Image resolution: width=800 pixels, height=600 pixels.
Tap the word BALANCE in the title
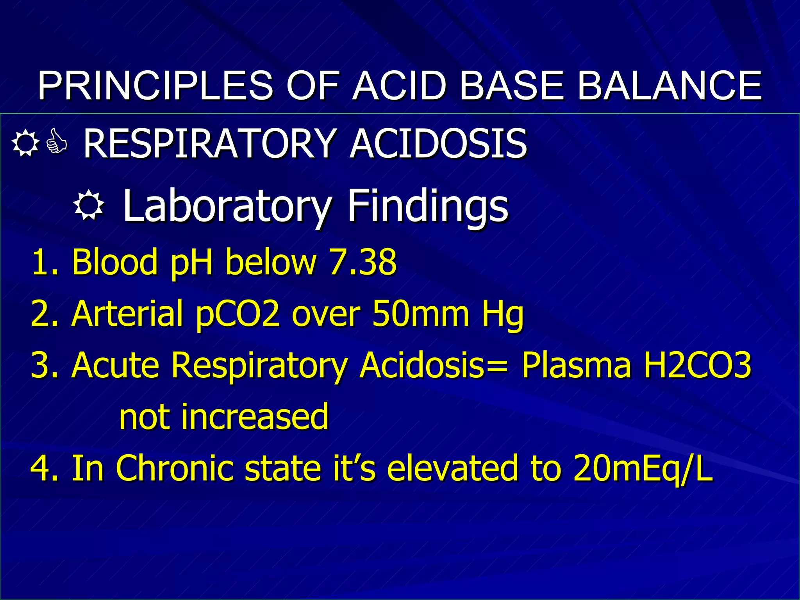(x=669, y=86)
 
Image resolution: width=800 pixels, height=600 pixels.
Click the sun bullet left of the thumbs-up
(x=25, y=143)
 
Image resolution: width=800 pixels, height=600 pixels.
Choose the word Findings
(x=428, y=206)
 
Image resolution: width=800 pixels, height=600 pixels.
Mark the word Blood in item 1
(x=114, y=261)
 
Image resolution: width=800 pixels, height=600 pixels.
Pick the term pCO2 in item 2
(x=238, y=314)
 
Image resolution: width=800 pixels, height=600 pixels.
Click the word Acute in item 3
(x=116, y=365)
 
